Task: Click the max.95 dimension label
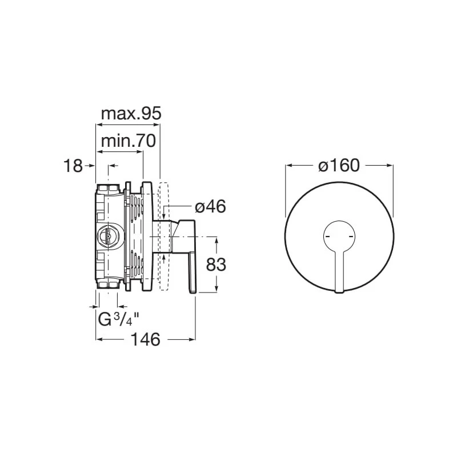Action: click(131, 113)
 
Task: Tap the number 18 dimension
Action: click(73, 166)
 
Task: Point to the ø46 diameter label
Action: click(210, 207)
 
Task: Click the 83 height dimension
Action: click(216, 265)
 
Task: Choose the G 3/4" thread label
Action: click(118, 319)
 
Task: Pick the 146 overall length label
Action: click(146, 339)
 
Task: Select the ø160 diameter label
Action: click(339, 166)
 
